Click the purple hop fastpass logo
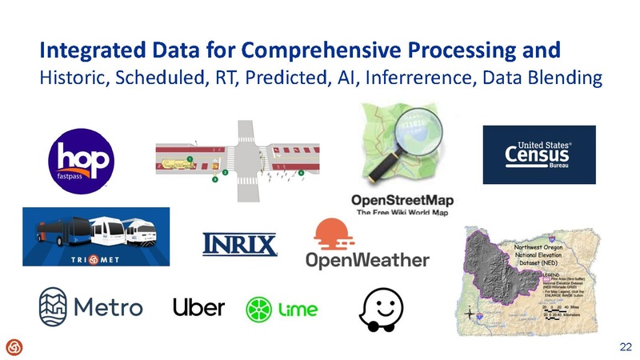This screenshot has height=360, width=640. click(81, 157)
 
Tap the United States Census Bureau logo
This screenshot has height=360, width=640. click(538, 154)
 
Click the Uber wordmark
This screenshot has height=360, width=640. click(199, 307)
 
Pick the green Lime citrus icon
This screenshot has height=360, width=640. click(259, 310)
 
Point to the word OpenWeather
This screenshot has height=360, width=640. click(368, 260)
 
